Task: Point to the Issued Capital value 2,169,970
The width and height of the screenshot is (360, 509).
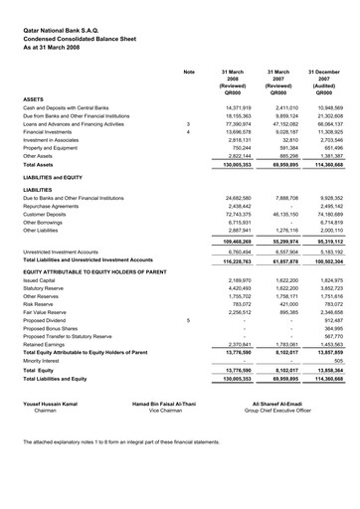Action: (x=233, y=311)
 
